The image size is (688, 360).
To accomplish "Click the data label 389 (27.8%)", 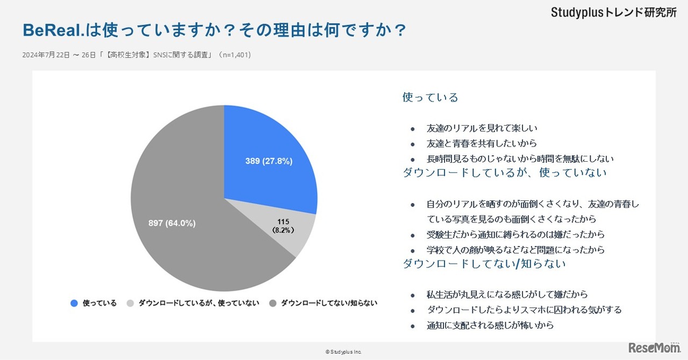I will point(269,161).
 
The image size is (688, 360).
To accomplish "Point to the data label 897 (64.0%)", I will point(172,223).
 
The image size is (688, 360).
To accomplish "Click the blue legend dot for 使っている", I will point(74,303).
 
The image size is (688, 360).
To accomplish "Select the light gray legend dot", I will point(130,303).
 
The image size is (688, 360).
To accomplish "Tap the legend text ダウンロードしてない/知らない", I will point(329,303).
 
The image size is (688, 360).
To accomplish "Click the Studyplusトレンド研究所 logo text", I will point(613,13).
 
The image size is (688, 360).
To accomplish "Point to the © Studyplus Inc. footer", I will point(343,351).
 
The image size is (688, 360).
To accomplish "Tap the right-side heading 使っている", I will point(430,97).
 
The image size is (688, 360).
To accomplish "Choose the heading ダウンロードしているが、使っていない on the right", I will point(504,172).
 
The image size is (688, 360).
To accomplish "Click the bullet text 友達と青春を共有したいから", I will point(482,143).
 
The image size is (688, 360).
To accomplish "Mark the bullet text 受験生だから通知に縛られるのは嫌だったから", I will point(515,234).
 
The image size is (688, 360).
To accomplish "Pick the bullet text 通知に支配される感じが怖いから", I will point(490,325).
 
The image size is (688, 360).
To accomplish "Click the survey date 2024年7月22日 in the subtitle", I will point(46,55).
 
